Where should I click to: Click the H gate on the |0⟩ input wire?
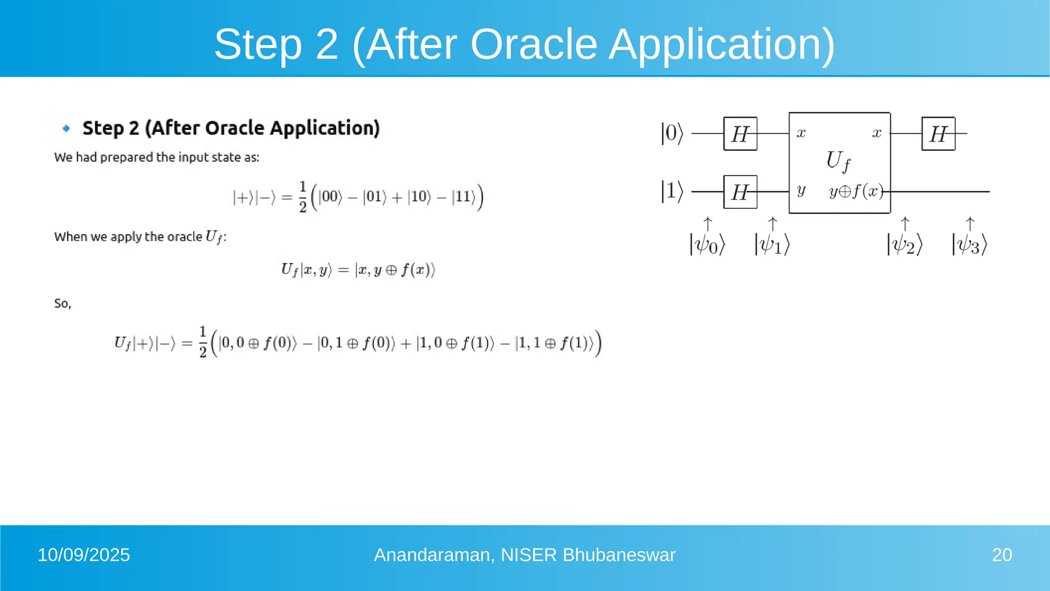click(740, 134)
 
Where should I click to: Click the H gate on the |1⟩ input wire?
click(740, 192)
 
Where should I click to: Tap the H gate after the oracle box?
click(938, 134)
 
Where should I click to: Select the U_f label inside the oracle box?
click(838, 161)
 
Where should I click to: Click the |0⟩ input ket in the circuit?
click(672, 133)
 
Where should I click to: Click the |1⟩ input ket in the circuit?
click(672, 191)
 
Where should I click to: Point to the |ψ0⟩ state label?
click(707, 245)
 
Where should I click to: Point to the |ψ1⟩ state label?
click(772, 245)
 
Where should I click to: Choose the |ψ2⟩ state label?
click(904, 245)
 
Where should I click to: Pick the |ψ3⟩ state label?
click(969, 245)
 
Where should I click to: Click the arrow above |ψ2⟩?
click(905, 224)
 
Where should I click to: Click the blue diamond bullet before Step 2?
click(66, 128)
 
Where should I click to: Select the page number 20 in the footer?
click(1001, 555)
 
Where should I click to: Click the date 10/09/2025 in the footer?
click(84, 555)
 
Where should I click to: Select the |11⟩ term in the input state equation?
click(463, 197)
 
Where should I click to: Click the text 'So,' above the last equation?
click(63, 304)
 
